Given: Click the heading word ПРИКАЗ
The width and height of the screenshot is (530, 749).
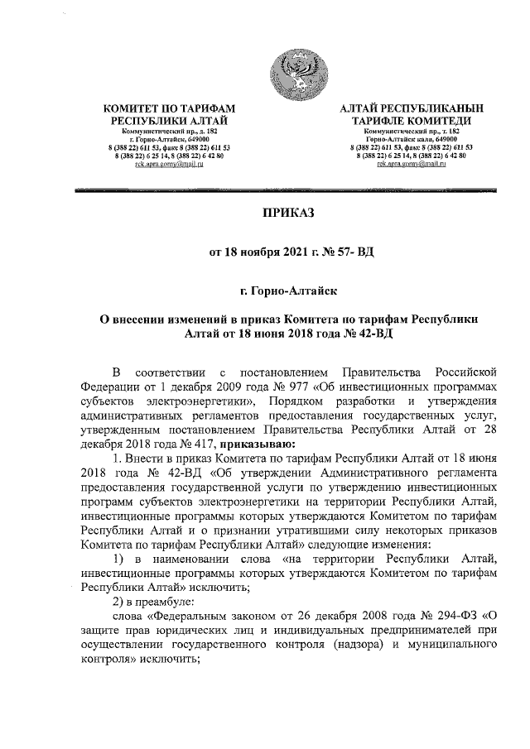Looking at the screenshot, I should [x=289, y=214].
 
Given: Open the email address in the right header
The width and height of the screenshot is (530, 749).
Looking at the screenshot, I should [x=412, y=166].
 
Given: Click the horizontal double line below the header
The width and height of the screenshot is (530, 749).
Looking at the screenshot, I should [x=289, y=190].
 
